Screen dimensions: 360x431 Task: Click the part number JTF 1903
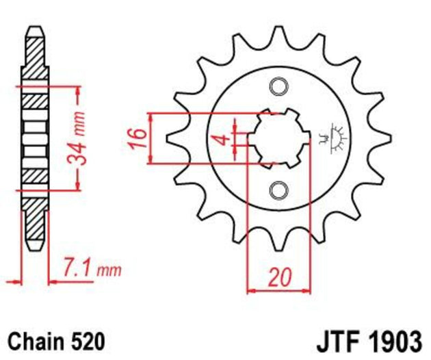pyautogui.click(x=370, y=339)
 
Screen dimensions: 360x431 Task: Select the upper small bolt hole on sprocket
pyautogui.click(x=277, y=86)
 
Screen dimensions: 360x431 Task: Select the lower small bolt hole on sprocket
pyautogui.click(x=277, y=190)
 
